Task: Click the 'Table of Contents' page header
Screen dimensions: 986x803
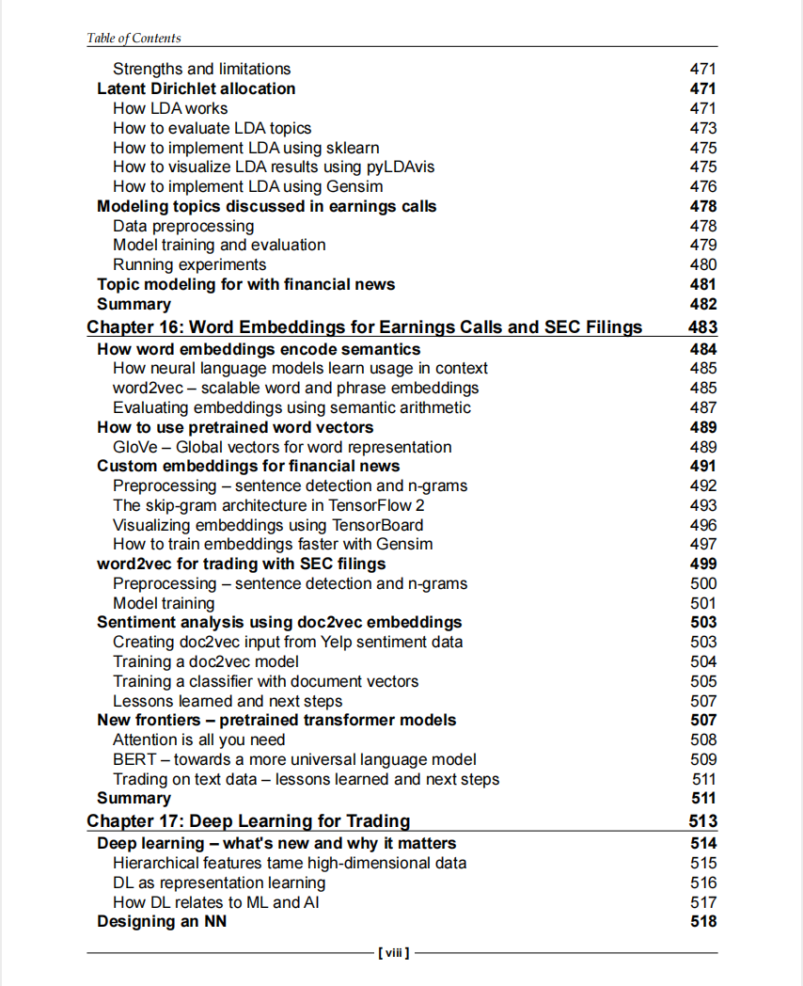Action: coord(134,39)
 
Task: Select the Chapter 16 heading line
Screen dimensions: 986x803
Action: coord(365,327)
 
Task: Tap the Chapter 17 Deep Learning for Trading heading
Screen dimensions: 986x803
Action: coord(248,821)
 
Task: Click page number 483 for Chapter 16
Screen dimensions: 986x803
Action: coord(702,327)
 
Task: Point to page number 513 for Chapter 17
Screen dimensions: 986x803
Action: coord(702,821)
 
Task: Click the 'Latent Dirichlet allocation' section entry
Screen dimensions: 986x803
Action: coord(196,88)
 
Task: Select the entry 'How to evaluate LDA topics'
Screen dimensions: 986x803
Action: coord(212,128)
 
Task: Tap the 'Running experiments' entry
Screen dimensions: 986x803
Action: coord(189,264)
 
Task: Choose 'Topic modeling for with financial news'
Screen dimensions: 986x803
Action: coord(245,284)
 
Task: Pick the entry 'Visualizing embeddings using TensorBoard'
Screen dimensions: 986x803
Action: coord(268,525)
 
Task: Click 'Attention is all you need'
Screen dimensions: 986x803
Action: coord(198,739)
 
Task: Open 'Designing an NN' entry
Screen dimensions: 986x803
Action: coord(162,922)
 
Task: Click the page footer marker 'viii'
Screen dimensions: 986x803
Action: coord(393,953)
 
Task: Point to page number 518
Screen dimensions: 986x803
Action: coord(703,922)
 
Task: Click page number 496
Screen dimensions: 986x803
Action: coord(703,525)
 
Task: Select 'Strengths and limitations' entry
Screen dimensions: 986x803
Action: coord(201,69)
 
